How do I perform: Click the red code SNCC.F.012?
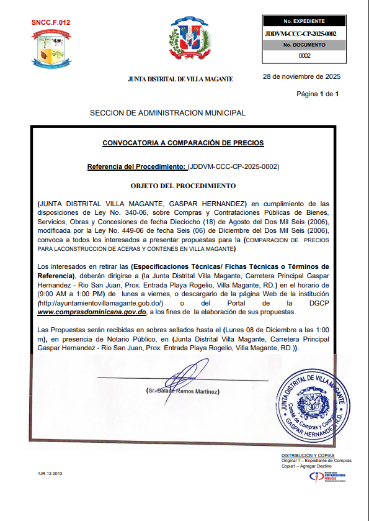coord(50,22)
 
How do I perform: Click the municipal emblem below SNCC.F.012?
coord(51,48)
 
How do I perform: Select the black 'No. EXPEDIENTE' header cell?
coord(300,21)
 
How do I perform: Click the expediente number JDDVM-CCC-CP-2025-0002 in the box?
coord(300,34)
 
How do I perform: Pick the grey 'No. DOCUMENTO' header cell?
coord(300,45)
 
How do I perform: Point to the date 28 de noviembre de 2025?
coord(301,78)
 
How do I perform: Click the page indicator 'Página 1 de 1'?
coord(318,94)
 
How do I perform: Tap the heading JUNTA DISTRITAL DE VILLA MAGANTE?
coord(180,79)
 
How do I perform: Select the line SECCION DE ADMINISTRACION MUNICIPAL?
coord(167,113)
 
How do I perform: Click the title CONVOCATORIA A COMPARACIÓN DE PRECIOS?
coord(183,143)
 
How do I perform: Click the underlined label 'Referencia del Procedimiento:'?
coord(136,167)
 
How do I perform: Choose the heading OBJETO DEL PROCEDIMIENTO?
coord(183,186)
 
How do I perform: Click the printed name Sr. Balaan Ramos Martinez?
coord(183,392)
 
